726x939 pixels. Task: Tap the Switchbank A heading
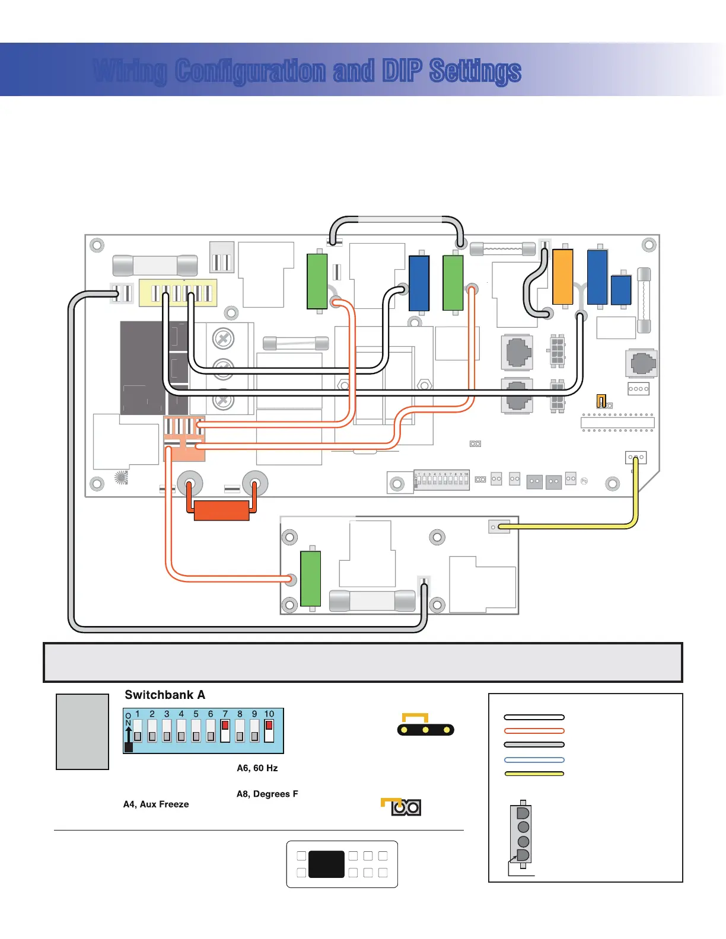pos(165,695)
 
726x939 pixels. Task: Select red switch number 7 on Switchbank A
pos(225,730)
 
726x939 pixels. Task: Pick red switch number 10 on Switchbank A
pos(269,730)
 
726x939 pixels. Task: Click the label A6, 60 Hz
pos(257,768)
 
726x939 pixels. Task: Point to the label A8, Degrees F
pos(268,794)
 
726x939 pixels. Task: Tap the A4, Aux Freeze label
pos(156,804)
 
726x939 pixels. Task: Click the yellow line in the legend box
pos(534,774)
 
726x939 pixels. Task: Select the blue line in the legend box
pos(534,760)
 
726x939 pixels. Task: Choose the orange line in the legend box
pos(534,731)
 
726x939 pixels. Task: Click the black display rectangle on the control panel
pos(326,864)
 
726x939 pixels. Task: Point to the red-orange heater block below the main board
pos(222,510)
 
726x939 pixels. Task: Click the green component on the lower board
pos(311,579)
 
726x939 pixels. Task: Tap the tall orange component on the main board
pos(563,277)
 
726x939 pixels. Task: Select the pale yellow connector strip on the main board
pos(178,293)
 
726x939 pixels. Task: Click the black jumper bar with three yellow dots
pos(425,730)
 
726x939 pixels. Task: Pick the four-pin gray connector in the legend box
pos(523,833)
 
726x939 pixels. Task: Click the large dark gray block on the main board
pos(142,368)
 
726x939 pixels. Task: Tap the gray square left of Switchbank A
pos(82,732)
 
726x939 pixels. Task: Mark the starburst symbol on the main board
pos(121,478)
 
